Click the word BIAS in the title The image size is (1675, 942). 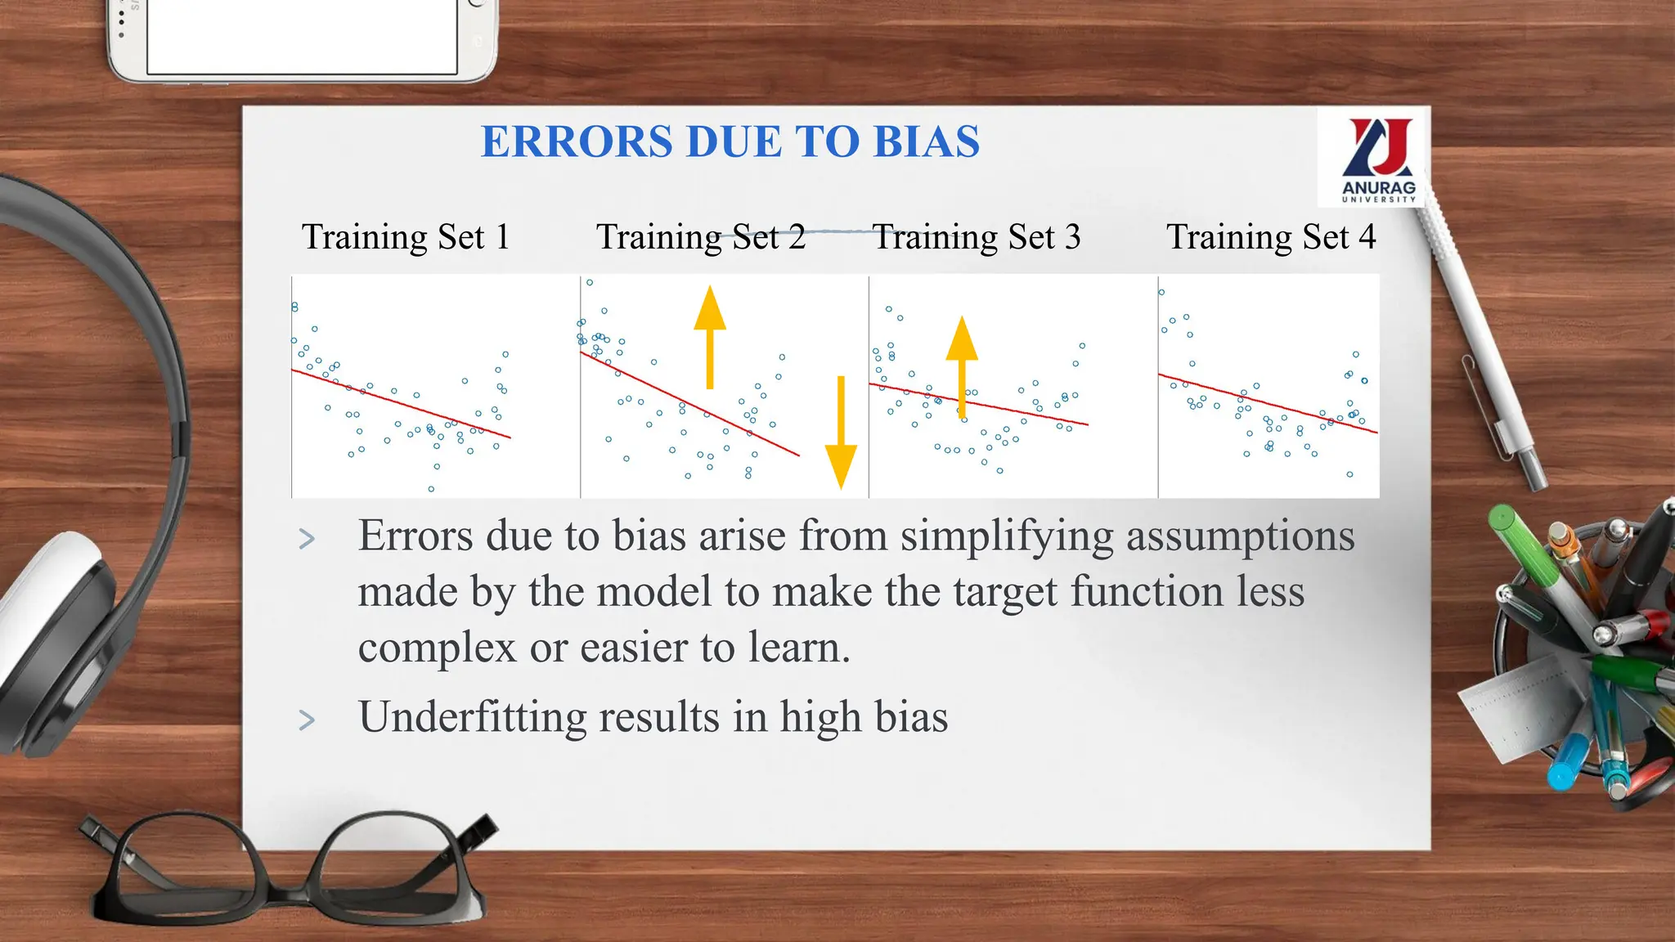(926, 141)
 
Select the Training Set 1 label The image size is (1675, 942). (406, 237)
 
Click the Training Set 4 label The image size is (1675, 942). (1270, 237)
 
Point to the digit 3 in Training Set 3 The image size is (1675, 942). (1072, 237)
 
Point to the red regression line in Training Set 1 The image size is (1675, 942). (401, 404)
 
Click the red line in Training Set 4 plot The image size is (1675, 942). (1268, 403)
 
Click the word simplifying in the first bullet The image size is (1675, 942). (1006, 537)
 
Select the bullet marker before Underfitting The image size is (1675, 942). (307, 720)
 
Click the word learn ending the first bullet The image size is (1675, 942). (797, 648)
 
